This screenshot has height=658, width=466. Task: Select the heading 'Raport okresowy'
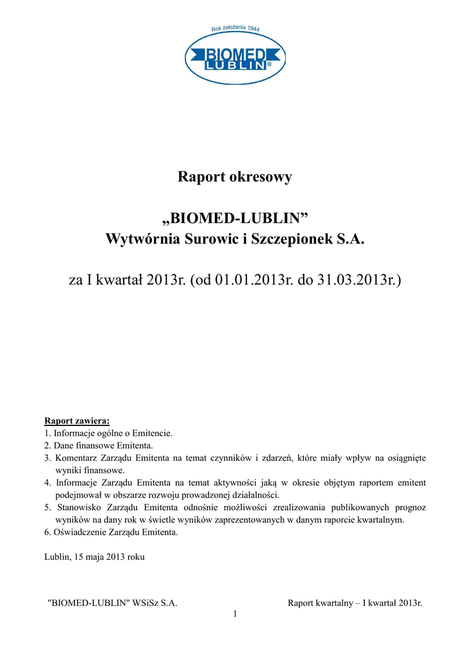coord(235,177)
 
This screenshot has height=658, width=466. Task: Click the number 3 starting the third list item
coord(47,458)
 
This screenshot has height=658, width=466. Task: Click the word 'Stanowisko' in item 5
coord(77,508)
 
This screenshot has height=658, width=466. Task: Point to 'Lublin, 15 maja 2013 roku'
coord(94,557)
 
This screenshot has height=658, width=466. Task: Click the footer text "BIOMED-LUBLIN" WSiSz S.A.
coord(113,603)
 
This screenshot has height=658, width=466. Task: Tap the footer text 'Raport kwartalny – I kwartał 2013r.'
coord(355,603)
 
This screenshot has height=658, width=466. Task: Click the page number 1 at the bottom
coord(235,615)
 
